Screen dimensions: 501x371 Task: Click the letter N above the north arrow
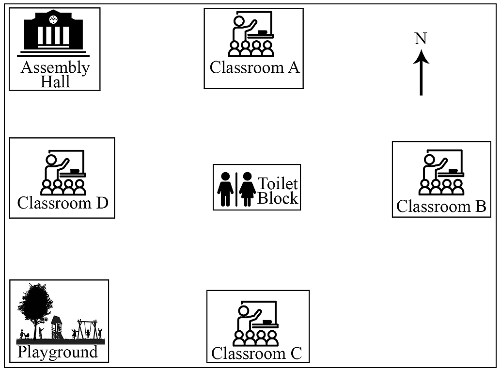coord(421,38)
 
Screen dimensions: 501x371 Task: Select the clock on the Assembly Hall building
coord(53,19)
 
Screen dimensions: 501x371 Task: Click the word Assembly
coord(55,68)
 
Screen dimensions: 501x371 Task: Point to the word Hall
coord(55,82)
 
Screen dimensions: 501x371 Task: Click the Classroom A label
coord(255,67)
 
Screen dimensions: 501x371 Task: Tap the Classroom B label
coord(441,206)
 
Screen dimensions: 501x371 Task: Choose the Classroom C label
coord(257,354)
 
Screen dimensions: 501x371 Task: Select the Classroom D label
coord(63,203)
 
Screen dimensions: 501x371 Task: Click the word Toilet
coord(278,184)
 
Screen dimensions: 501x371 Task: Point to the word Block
coord(278,198)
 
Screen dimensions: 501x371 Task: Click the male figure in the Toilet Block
coord(225,189)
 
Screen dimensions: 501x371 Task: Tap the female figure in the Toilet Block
coord(247,189)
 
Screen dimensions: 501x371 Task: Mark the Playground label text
coord(58,352)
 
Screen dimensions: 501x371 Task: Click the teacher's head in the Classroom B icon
coord(429,160)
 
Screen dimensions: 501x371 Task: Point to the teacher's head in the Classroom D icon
coord(51,160)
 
